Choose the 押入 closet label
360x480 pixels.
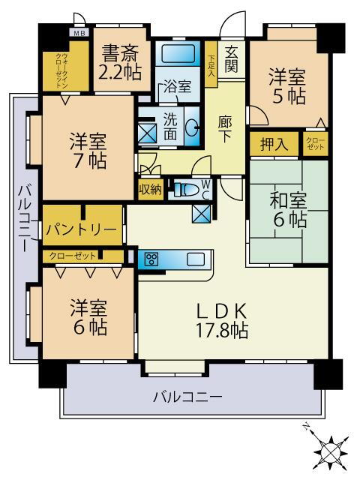pyautogui.click(x=274, y=145)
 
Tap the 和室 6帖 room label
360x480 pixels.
pyautogui.click(x=289, y=210)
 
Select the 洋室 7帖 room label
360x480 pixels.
pyautogui.click(x=88, y=150)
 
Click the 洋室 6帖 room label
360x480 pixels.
pyautogui.click(x=88, y=317)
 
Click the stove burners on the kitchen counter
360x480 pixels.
pyautogui.click(x=151, y=259)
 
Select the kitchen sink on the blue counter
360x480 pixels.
pyautogui.click(x=195, y=259)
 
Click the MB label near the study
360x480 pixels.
pyautogui.click(x=78, y=34)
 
